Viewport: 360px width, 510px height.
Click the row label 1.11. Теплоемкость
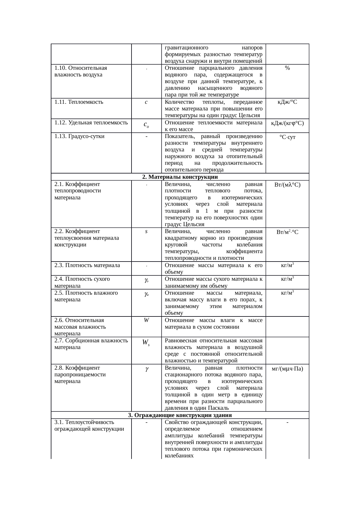[x=79, y=102]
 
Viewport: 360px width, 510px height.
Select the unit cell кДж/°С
[x=287, y=102]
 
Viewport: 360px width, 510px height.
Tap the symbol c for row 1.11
[x=146, y=102]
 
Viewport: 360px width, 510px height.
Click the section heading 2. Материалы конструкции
[x=180, y=177]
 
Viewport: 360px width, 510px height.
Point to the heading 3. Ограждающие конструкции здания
[x=180, y=415]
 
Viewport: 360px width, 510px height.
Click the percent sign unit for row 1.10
[x=287, y=68]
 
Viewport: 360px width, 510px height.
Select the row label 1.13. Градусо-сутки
[x=79, y=136]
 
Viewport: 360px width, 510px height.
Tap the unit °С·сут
[x=287, y=137]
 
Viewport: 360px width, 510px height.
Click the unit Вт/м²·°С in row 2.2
[x=287, y=232]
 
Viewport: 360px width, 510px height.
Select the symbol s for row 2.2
[x=146, y=232]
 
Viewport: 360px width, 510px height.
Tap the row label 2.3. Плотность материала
[x=87, y=265]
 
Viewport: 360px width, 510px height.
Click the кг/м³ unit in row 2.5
[x=287, y=293]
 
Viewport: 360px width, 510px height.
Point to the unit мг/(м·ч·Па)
[x=287, y=369]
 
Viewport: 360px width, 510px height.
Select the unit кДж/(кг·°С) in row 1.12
[x=287, y=123]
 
